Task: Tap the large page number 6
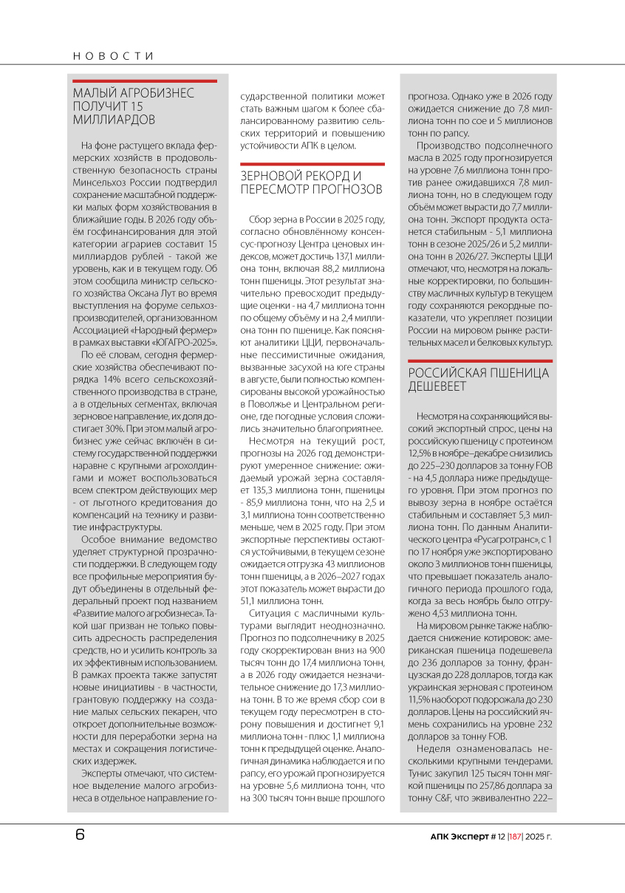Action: [80, 835]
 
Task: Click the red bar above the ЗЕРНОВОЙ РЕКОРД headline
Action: [312, 164]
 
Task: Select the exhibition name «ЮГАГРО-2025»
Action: [188, 343]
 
